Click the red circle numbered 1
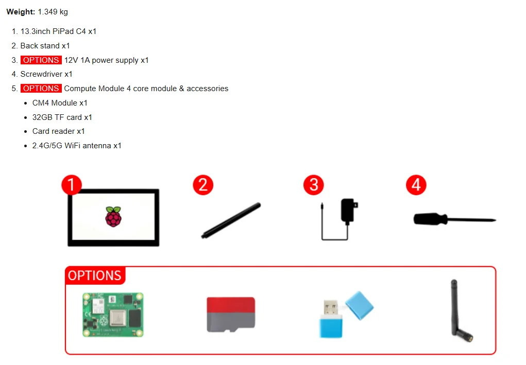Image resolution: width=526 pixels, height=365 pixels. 72,185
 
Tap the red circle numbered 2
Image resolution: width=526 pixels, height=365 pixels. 203,185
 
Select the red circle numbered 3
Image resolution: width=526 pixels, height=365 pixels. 314,185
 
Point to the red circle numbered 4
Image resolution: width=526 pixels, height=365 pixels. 416,185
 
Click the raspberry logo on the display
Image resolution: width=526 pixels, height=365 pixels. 113,217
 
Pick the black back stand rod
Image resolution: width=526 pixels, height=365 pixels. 231,220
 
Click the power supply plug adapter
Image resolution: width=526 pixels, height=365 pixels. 348,211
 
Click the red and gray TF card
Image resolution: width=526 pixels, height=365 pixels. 230,314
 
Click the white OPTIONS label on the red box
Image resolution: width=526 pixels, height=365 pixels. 95,275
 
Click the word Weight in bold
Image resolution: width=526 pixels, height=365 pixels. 20,12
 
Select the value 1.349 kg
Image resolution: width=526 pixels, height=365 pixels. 53,12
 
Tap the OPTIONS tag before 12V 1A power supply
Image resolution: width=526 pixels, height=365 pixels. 41,60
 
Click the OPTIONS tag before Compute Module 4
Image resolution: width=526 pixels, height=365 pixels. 41,89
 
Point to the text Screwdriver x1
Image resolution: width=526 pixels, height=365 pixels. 46,74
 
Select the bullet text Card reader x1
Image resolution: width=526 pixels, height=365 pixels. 58,131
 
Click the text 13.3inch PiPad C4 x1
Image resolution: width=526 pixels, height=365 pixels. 58,31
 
